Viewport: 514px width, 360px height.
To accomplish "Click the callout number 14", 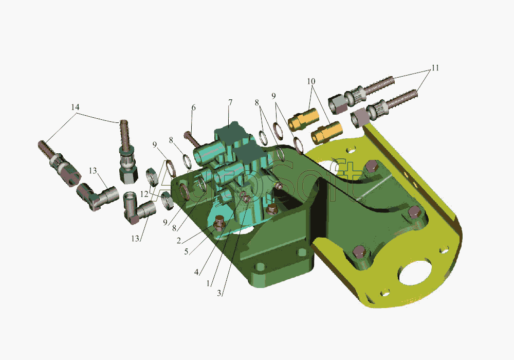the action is click(x=75, y=107).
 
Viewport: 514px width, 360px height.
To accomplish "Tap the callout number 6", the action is click(x=193, y=108).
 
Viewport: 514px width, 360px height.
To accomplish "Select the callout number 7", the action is click(x=230, y=102).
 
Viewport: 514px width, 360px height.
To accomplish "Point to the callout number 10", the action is click(x=311, y=81).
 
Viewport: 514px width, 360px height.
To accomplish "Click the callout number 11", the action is click(x=435, y=68).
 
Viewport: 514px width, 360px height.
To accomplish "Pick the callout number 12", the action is click(x=144, y=194).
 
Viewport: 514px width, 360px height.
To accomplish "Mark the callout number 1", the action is click(x=208, y=283).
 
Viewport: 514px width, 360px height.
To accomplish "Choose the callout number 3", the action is click(x=219, y=293).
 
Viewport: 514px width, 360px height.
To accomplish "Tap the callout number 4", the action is click(x=196, y=272).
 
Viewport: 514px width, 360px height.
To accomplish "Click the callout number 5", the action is click(x=186, y=252).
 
